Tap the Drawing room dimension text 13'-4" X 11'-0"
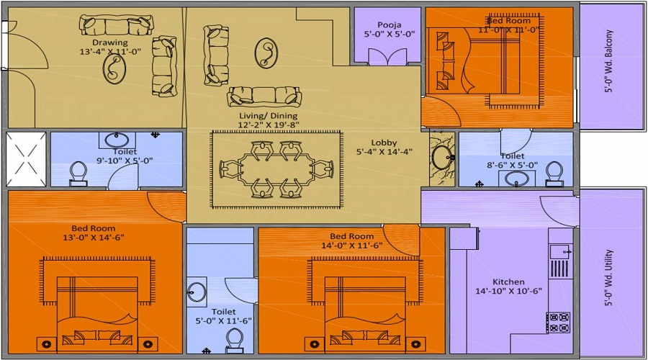(x=114, y=51)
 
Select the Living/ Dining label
(x=268, y=115)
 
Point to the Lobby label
(x=384, y=143)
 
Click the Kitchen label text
(x=508, y=282)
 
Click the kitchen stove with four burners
(x=558, y=321)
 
